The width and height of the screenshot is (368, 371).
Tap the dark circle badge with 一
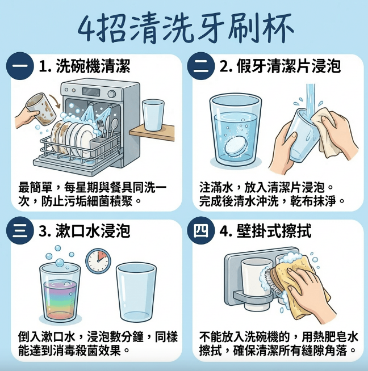[x=20, y=66]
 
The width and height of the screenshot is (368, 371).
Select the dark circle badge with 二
[x=200, y=66]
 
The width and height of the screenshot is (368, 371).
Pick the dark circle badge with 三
[x=20, y=231]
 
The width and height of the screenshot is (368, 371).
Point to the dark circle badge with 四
[x=200, y=231]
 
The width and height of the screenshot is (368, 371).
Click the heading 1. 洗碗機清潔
[x=84, y=66]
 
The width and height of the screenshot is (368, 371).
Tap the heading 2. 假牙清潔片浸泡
[x=280, y=66]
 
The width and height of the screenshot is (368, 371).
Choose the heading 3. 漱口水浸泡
[x=84, y=231]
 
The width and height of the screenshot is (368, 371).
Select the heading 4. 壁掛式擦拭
[x=265, y=231]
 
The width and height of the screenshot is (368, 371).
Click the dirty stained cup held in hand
[x=41, y=108]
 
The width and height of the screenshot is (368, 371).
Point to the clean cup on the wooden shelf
[x=153, y=115]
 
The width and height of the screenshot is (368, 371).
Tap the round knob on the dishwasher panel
[x=111, y=94]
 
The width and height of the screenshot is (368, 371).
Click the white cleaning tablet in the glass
[x=236, y=146]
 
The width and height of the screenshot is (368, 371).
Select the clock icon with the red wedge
[x=98, y=261]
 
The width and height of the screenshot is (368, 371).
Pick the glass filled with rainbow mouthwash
[x=60, y=293]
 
